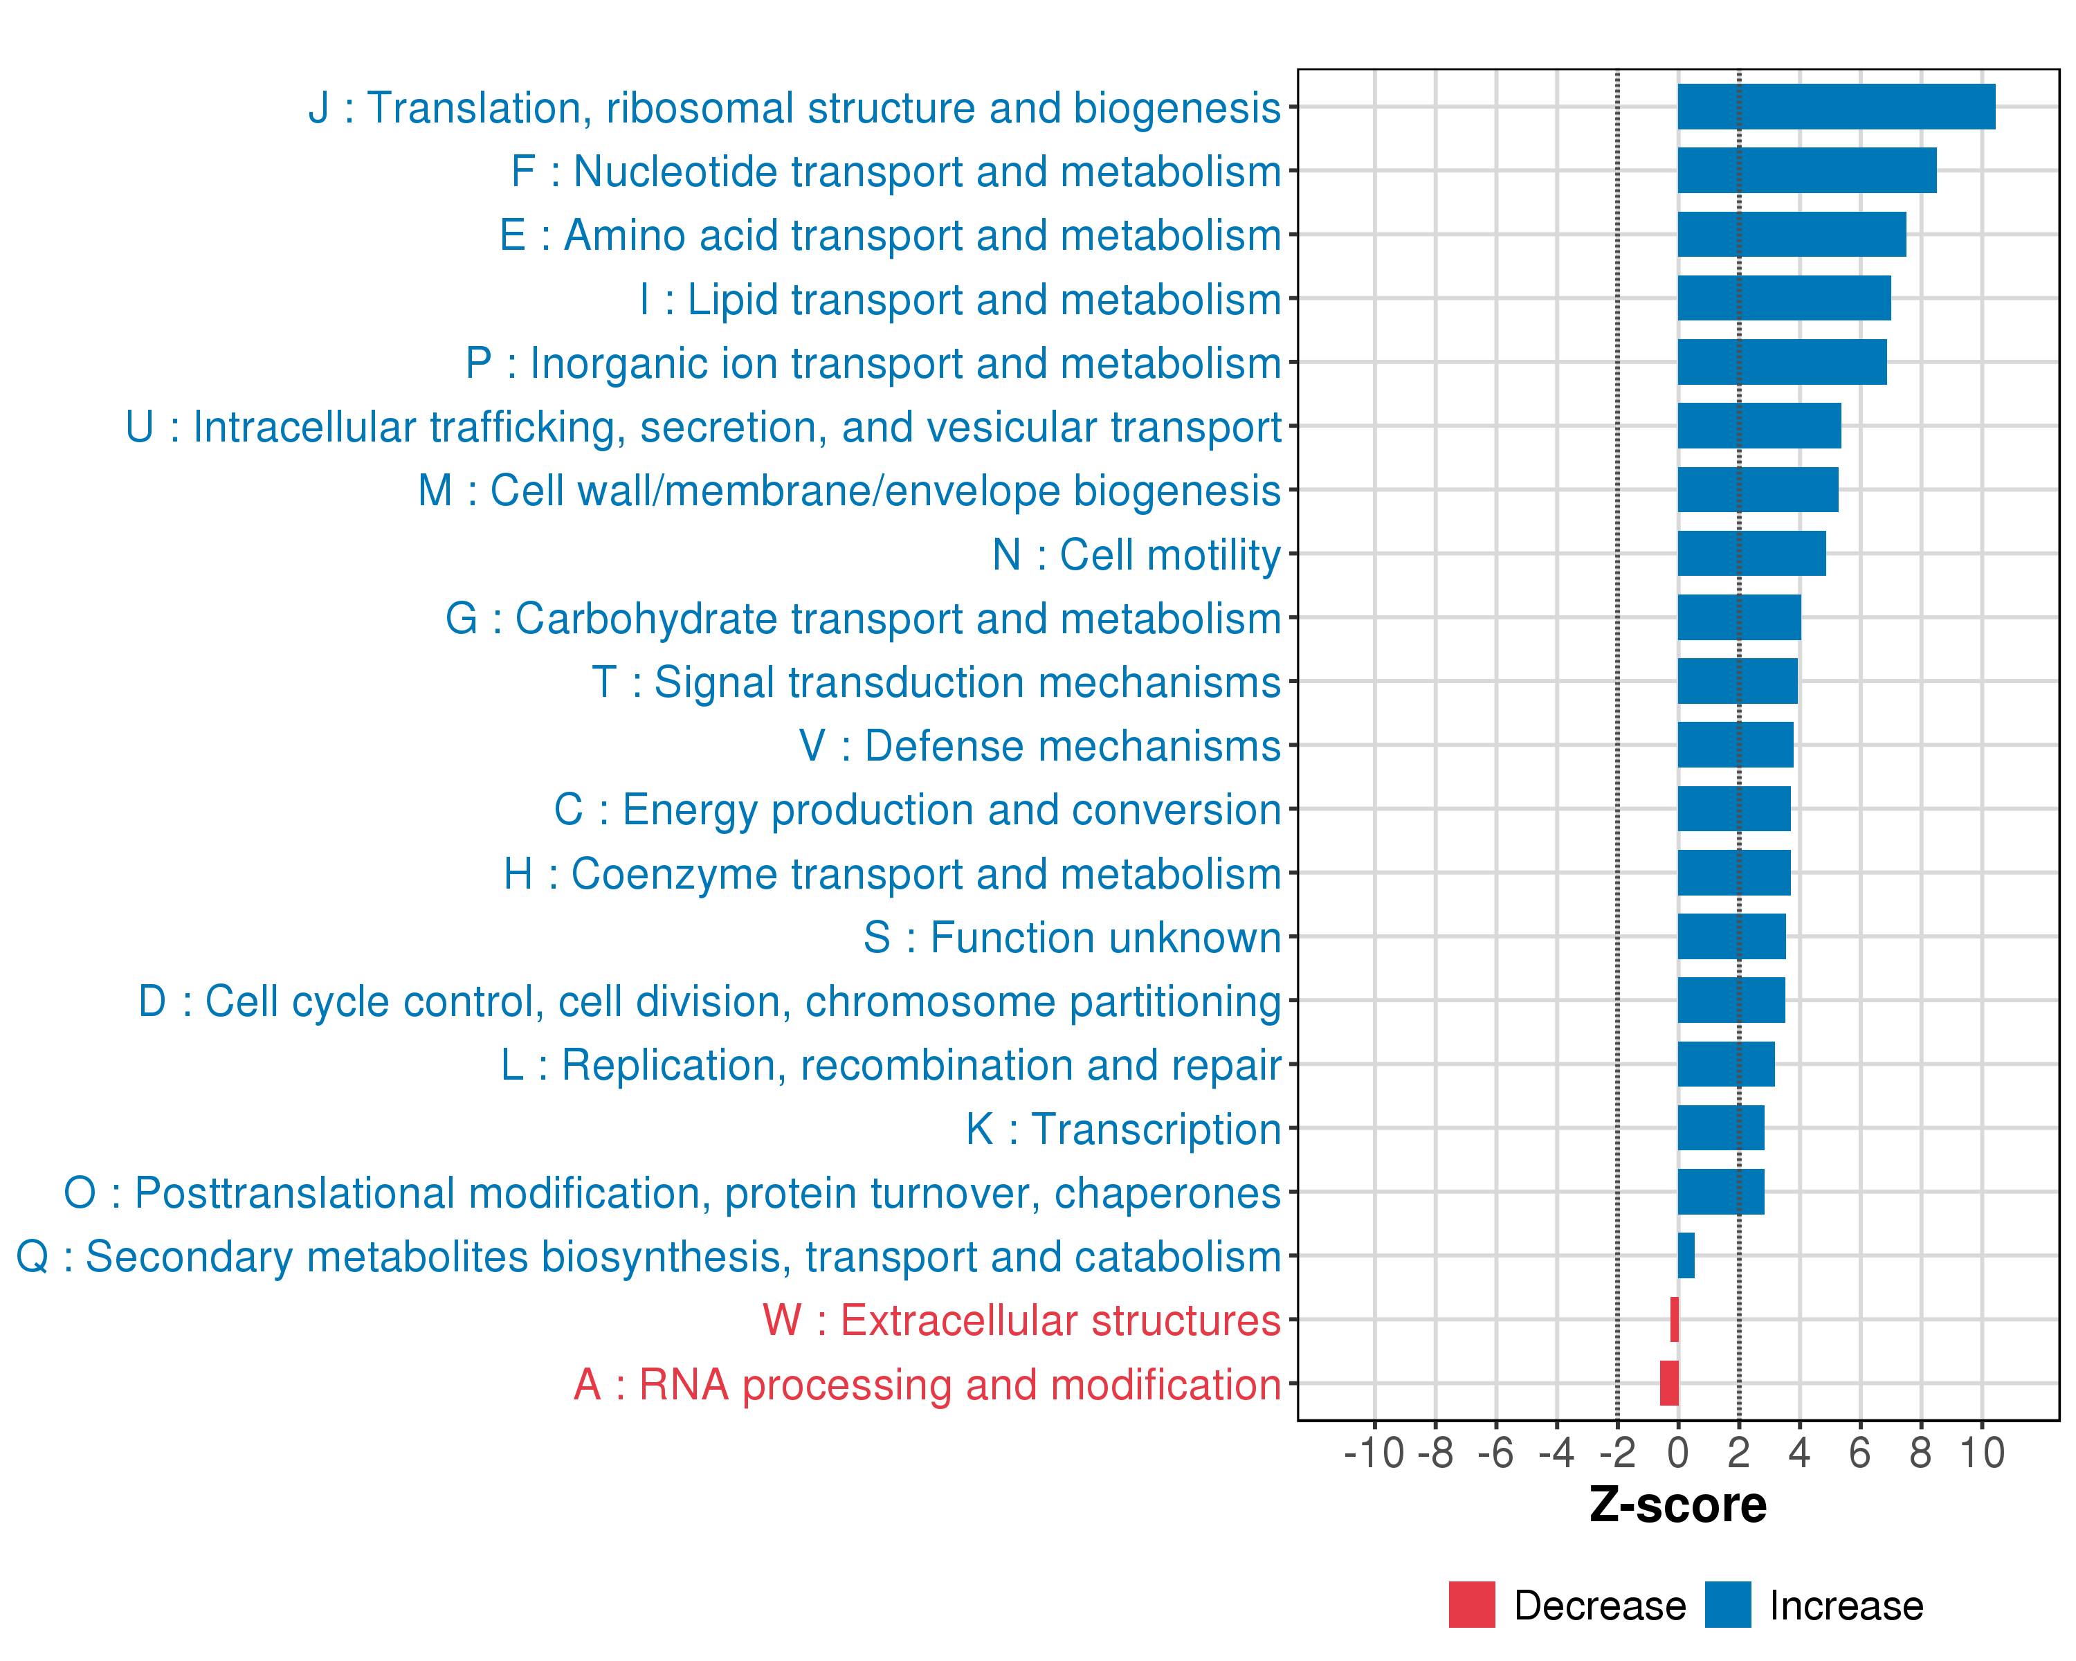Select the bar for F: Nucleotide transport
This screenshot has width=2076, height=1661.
coord(1806,170)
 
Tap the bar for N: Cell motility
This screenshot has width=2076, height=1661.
coord(1751,554)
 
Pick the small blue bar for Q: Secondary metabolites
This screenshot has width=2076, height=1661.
coord(1686,1255)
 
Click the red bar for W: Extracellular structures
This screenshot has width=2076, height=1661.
coord(1675,1319)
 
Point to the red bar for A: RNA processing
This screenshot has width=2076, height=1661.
coord(1668,1383)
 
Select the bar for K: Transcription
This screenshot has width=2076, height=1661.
coord(1721,1127)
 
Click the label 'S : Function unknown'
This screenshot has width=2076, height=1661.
coord(1072,938)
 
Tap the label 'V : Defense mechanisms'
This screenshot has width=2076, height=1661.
coord(1040,746)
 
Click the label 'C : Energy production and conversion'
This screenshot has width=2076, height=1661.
coord(917,810)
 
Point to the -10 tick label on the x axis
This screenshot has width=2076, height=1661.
coord(1374,1453)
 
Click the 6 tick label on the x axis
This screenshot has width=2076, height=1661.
coord(1859,1453)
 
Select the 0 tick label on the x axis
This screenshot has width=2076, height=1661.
coord(1677,1453)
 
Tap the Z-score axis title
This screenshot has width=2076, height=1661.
coord(1677,1505)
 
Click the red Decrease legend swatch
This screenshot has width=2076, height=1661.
coord(1471,1605)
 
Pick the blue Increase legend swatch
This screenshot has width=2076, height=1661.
coord(1727,1605)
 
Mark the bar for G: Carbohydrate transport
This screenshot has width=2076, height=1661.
coord(1739,617)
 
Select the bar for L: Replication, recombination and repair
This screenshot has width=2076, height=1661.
coord(1726,1064)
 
